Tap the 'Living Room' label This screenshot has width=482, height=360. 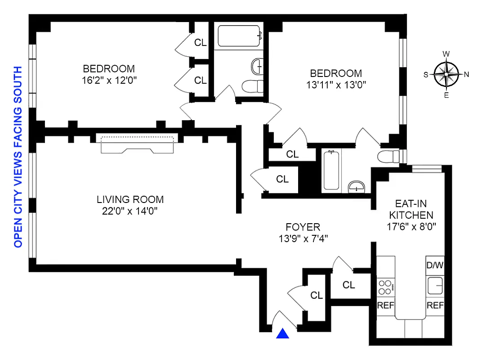[130, 199]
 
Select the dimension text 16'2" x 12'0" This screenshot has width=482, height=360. [109, 81]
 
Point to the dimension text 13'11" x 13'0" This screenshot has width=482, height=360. [336, 85]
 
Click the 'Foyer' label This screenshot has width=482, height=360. [303, 227]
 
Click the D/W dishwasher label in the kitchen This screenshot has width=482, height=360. [435, 265]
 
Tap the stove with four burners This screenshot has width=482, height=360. [386, 286]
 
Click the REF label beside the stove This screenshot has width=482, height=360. [385, 306]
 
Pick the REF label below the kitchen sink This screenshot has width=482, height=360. [435, 306]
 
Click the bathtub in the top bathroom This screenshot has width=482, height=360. [239, 36]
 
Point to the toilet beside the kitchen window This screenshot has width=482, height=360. [389, 157]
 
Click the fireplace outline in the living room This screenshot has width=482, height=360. [138, 144]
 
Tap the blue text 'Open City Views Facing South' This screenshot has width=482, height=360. [18, 157]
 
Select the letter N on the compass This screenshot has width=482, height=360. [466, 75]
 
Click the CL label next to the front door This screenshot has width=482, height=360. [317, 296]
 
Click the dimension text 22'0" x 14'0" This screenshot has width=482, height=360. [130, 211]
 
